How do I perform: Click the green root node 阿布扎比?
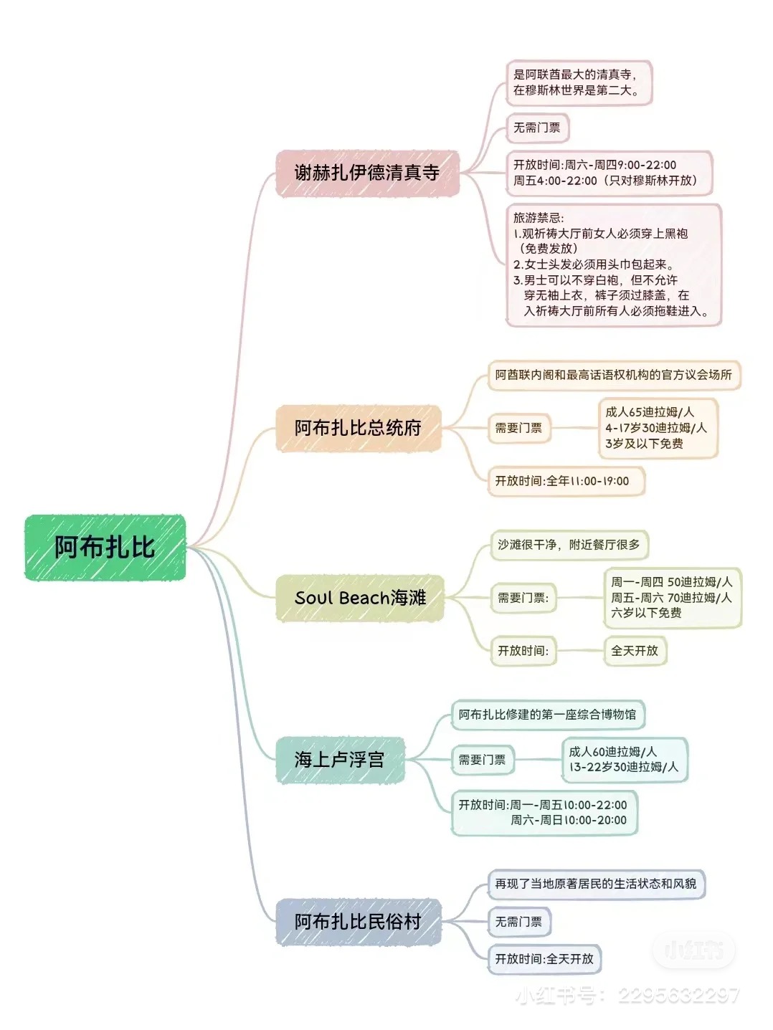[105, 548]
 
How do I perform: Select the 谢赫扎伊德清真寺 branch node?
[367, 173]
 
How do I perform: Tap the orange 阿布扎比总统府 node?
[358, 428]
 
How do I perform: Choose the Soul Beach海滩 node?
[360, 598]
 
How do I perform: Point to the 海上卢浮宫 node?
[340, 760]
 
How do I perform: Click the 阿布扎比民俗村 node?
[358, 922]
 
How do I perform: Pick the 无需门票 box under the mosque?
[537, 128]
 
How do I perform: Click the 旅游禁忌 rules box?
[613, 264]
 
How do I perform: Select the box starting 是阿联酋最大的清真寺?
[578, 82]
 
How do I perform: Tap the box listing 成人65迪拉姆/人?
[656, 428]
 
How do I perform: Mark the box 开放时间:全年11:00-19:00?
[565, 481]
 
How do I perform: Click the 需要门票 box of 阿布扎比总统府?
[518, 428]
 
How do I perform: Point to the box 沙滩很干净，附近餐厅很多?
[569, 545]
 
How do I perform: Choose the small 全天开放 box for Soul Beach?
[635, 651]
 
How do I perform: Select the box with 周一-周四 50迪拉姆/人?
[671, 598]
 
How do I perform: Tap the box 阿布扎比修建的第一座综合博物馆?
[547, 715]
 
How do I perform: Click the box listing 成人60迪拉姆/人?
[623, 760]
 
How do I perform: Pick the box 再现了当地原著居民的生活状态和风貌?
[596, 884]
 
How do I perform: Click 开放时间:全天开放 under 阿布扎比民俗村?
[544, 959]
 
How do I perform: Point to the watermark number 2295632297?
[678, 996]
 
